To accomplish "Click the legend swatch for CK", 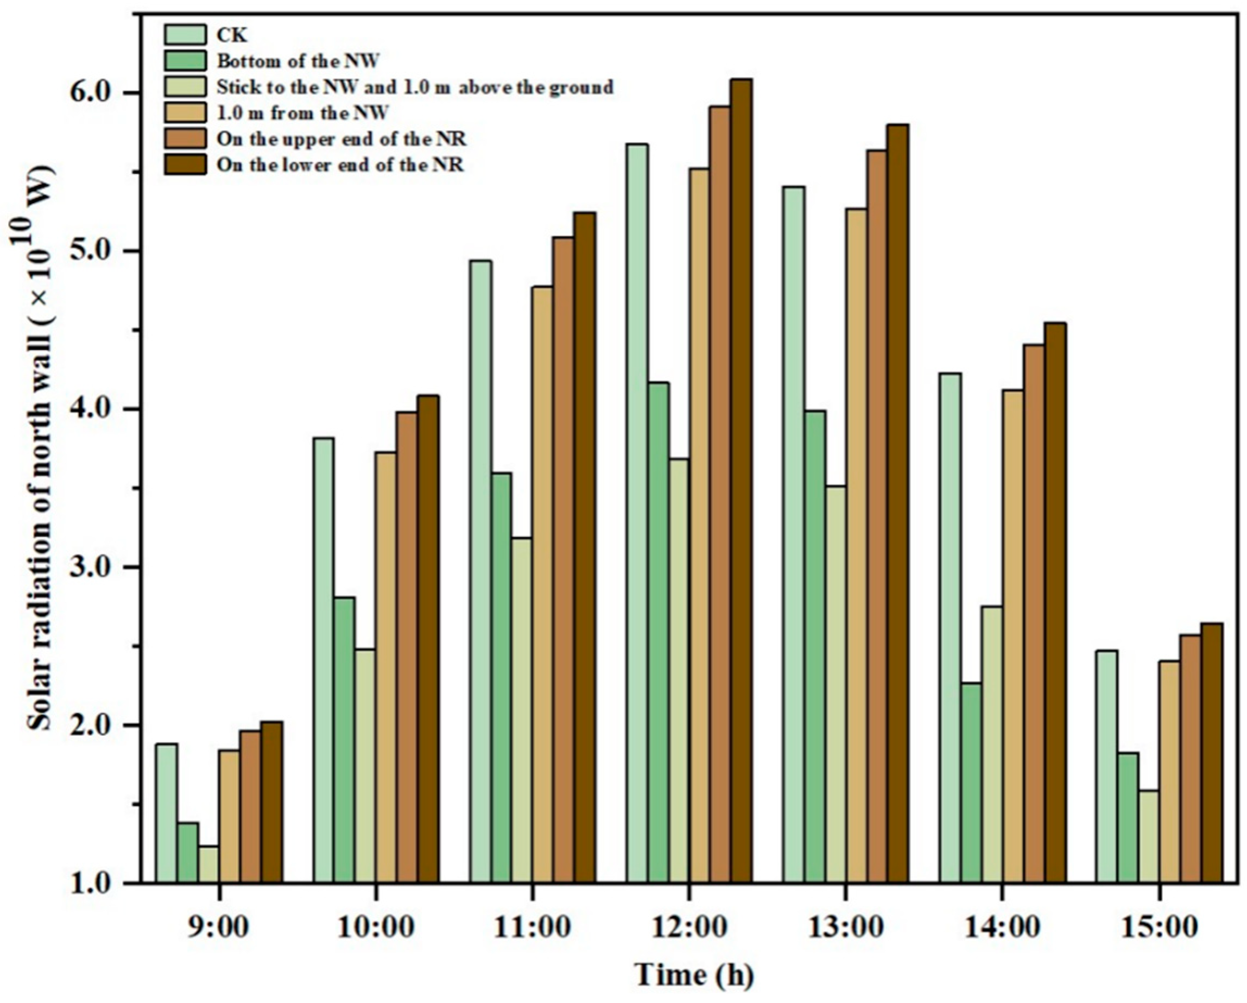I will [185, 34].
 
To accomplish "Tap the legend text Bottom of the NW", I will [299, 61].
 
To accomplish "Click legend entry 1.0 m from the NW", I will [302, 113].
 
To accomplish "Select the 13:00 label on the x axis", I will [845, 927].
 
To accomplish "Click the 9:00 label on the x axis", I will [219, 927].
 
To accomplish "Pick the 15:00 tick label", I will [1159, 927].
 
